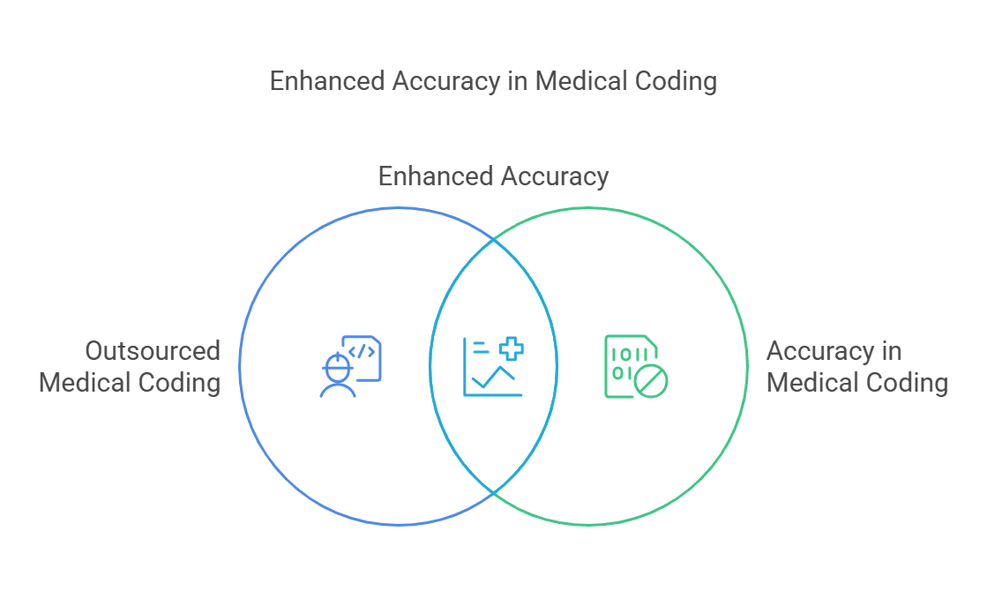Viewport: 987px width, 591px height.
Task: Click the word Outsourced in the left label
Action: coord(153,351)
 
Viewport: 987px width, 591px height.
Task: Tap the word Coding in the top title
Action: coord(676,81)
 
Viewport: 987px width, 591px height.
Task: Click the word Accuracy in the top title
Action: coord(447,81)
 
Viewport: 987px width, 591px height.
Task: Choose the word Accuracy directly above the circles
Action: coord(553,176)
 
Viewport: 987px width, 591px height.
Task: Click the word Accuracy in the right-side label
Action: coord(821,351)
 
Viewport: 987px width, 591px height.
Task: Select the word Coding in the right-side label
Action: coord(908,383)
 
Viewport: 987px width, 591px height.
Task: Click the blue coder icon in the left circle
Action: coord(350,366)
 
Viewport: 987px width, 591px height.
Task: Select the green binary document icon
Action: coord(635,366)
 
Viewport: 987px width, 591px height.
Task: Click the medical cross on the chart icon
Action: coord(511,349)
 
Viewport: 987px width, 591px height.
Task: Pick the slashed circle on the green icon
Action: coord(652,382)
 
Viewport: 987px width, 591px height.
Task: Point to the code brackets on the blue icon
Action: coord(363,351)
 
